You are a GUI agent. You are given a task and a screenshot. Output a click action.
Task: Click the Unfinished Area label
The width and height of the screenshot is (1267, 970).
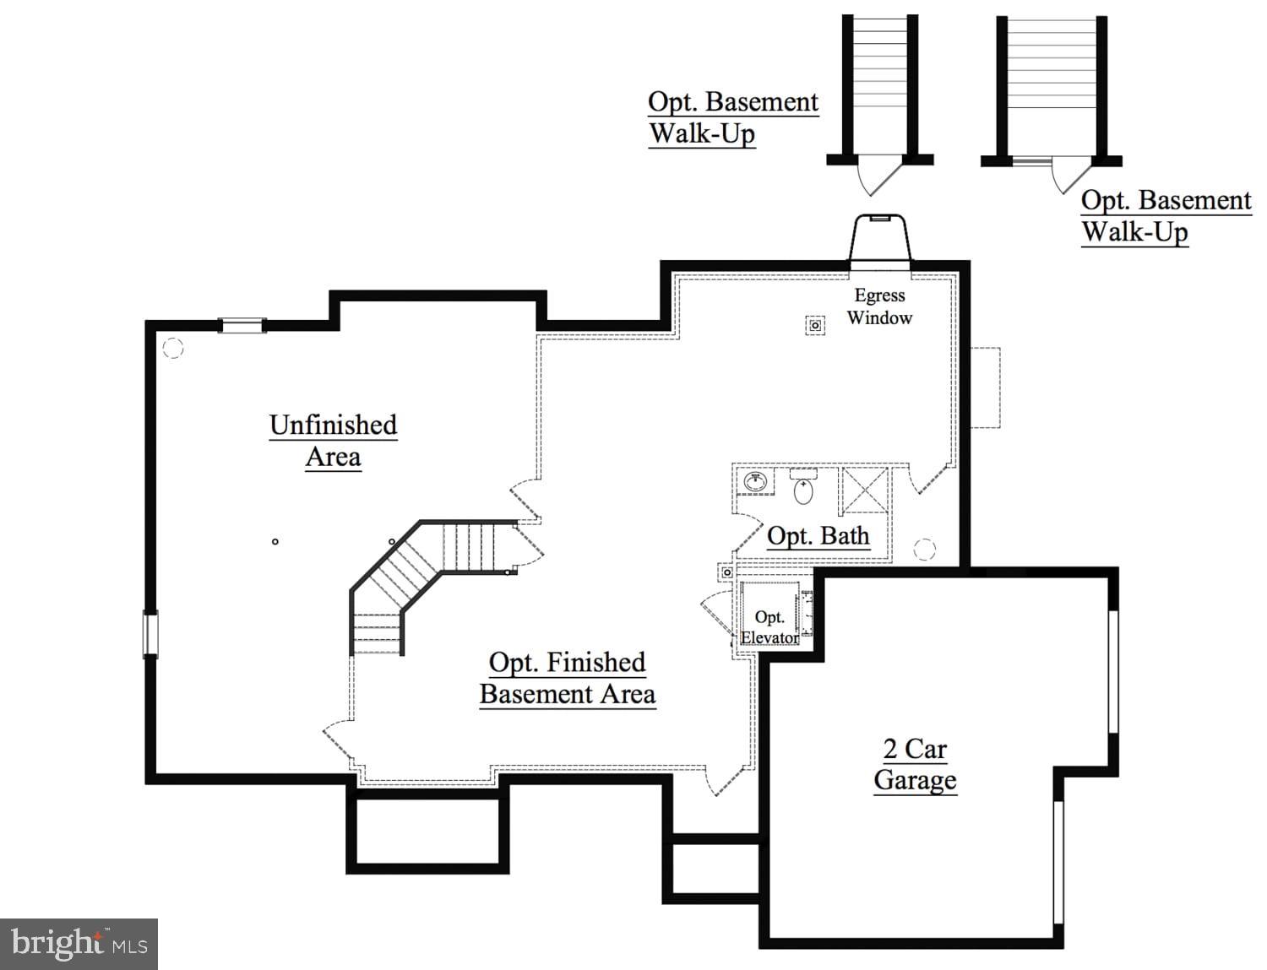tap(333, 440)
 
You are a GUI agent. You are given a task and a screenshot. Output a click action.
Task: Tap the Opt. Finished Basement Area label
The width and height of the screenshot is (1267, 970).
tap(568, 678)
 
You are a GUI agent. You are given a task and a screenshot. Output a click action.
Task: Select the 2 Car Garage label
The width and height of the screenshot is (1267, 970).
tap(915, 764)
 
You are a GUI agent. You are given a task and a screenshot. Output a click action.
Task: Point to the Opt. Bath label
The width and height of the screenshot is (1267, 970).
tap(818, 536)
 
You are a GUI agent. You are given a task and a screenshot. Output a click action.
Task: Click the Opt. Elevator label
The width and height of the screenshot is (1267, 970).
tap(769, 627)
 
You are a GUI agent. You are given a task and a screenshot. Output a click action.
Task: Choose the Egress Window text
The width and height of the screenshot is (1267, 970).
tap(879, 306)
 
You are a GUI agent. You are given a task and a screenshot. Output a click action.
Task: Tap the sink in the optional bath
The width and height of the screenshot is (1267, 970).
tap(755, 482)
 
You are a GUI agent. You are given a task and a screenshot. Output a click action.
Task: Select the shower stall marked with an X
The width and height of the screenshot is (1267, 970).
tap(866, 489)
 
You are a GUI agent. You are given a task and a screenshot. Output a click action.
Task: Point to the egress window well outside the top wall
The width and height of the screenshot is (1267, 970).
tap(880, 241)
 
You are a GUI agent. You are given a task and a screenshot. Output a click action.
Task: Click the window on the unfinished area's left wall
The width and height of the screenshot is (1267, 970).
tap(150, 634)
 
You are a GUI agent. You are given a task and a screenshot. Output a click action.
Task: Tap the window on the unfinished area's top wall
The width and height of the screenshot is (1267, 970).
tap(242, 325)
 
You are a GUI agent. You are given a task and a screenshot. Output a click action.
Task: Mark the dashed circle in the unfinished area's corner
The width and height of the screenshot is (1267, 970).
tap(172, 347)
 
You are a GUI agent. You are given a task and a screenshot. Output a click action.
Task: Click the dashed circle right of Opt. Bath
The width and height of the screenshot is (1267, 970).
tap(925, 550)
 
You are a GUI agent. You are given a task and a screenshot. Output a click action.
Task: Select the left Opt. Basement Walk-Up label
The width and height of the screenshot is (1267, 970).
tap(732, 117)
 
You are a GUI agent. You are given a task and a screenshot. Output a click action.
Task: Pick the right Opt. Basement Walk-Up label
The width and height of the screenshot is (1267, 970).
tap(1166, 216)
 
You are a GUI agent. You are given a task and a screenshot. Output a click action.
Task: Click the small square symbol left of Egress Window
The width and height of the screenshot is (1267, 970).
tap(815, 325)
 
